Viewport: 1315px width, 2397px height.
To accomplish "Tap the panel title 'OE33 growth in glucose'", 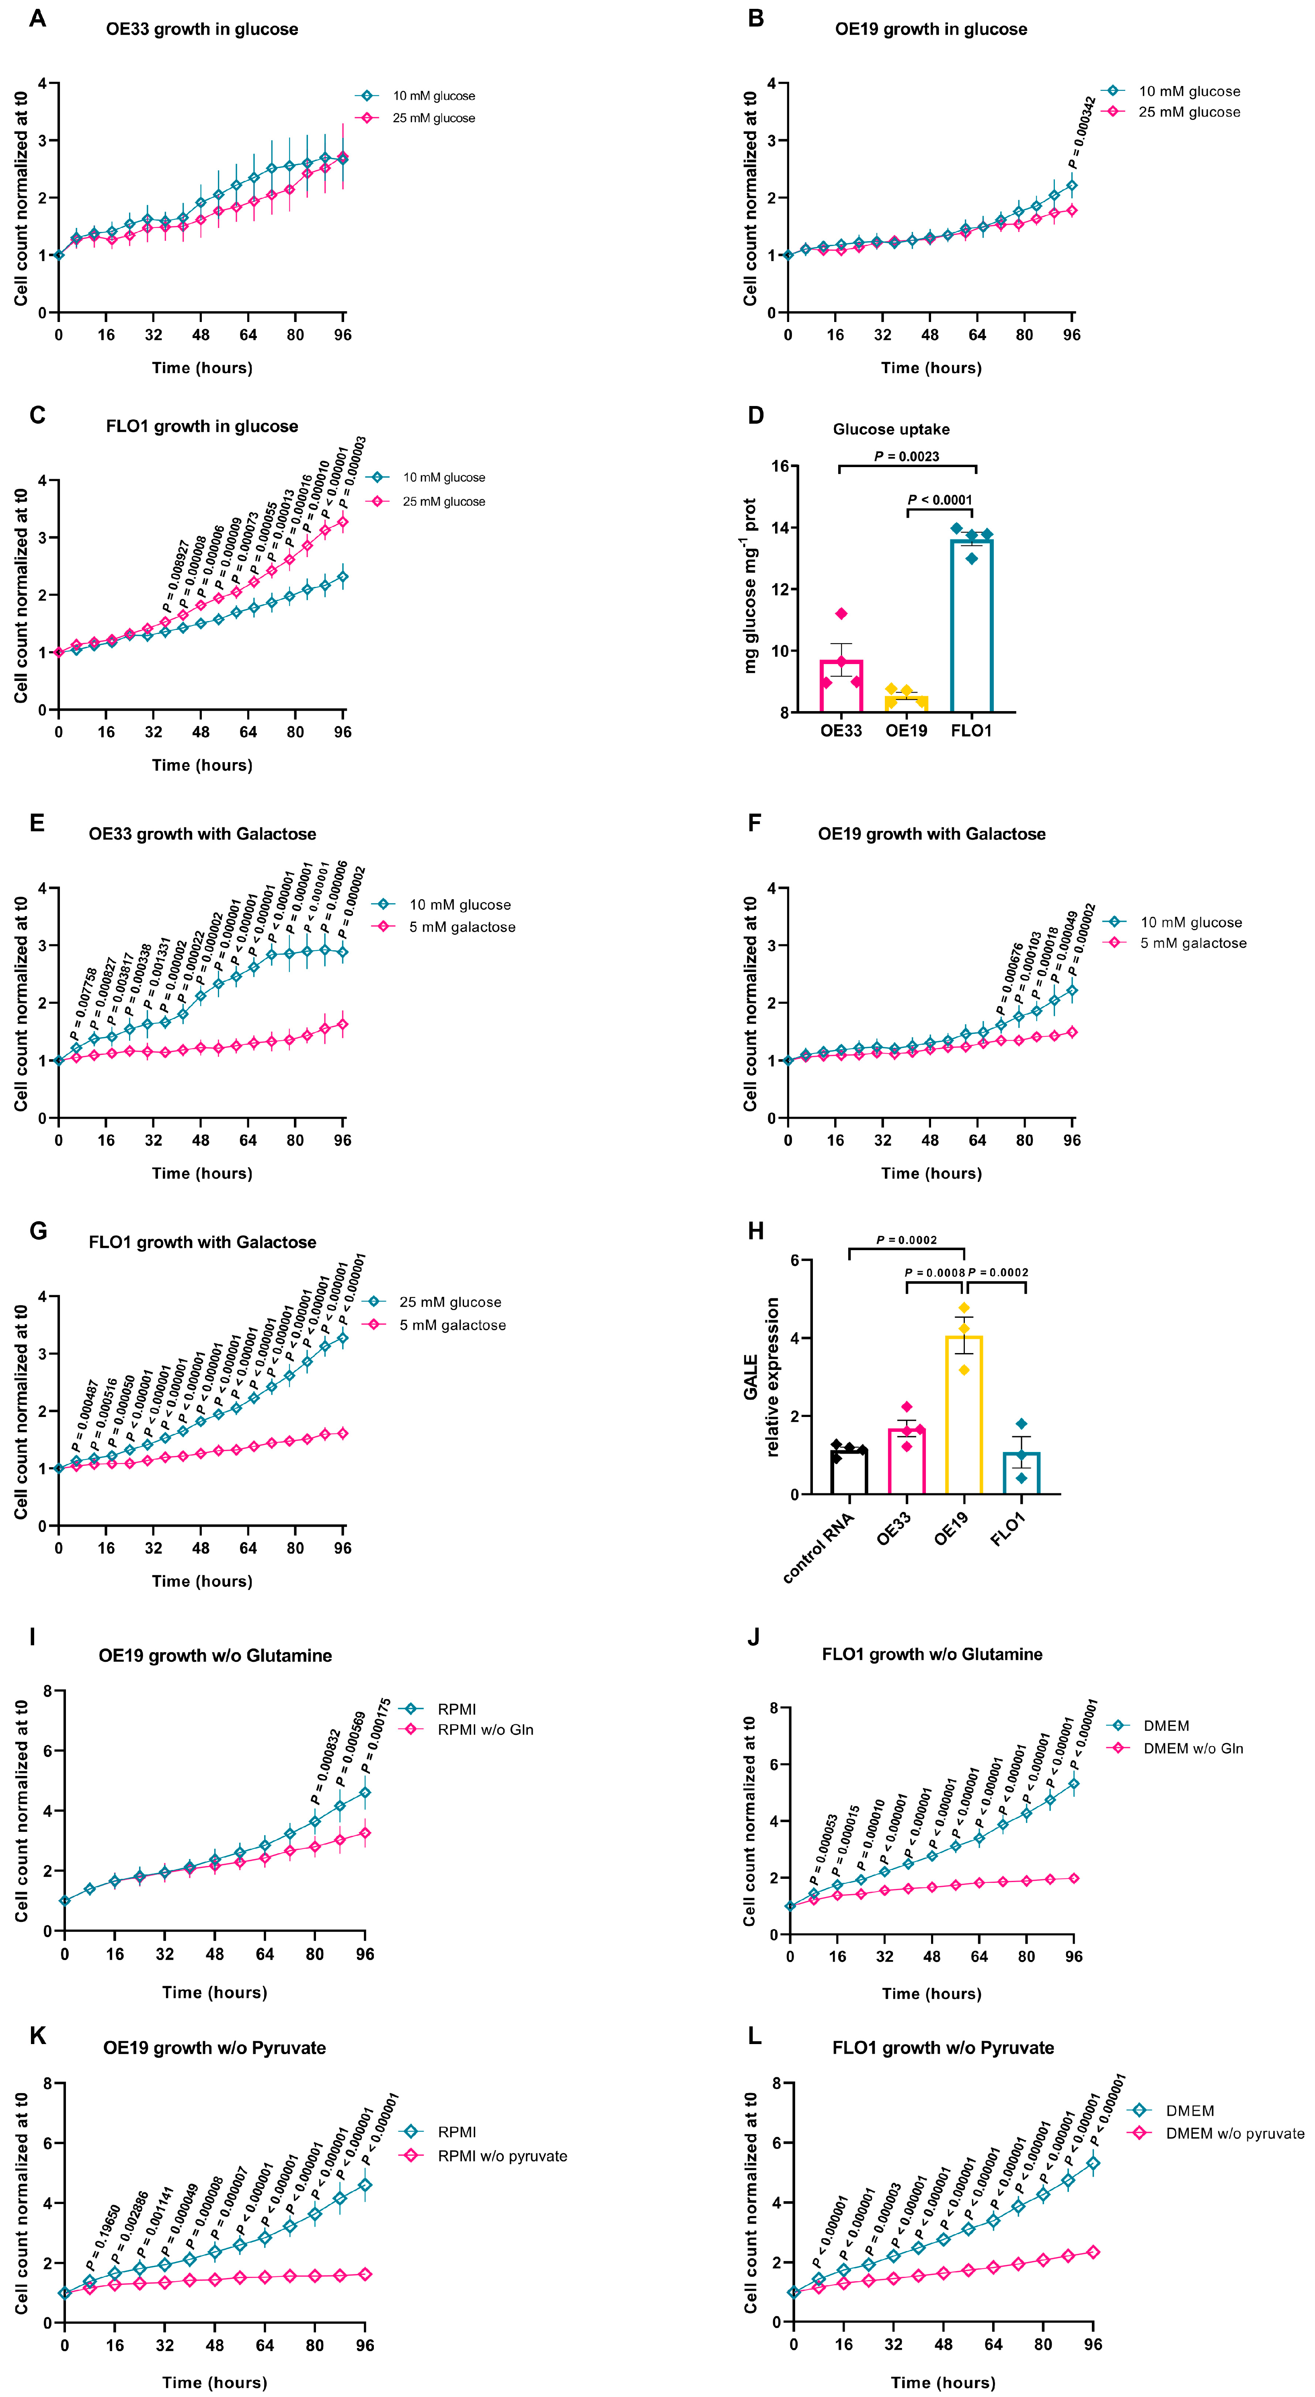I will pyautogui.click(x=202, y=29).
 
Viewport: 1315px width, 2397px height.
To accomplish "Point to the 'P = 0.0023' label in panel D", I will pyautogui.click(x=907, y=456).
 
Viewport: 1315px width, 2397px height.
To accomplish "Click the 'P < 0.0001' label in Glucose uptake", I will pyautogui.click(x=940, y=500).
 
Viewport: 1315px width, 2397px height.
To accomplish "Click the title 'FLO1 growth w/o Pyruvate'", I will pyautogui.click(x=943, y=2048).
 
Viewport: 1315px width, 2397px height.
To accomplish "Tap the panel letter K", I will pyautogui.click(x=37, y=2036).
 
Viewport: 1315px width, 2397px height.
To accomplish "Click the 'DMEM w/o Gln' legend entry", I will pyautogui.click(x=1192, y=1749).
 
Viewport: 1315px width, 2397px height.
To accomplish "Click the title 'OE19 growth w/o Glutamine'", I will pyautogui.click(x=215, y=1655).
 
